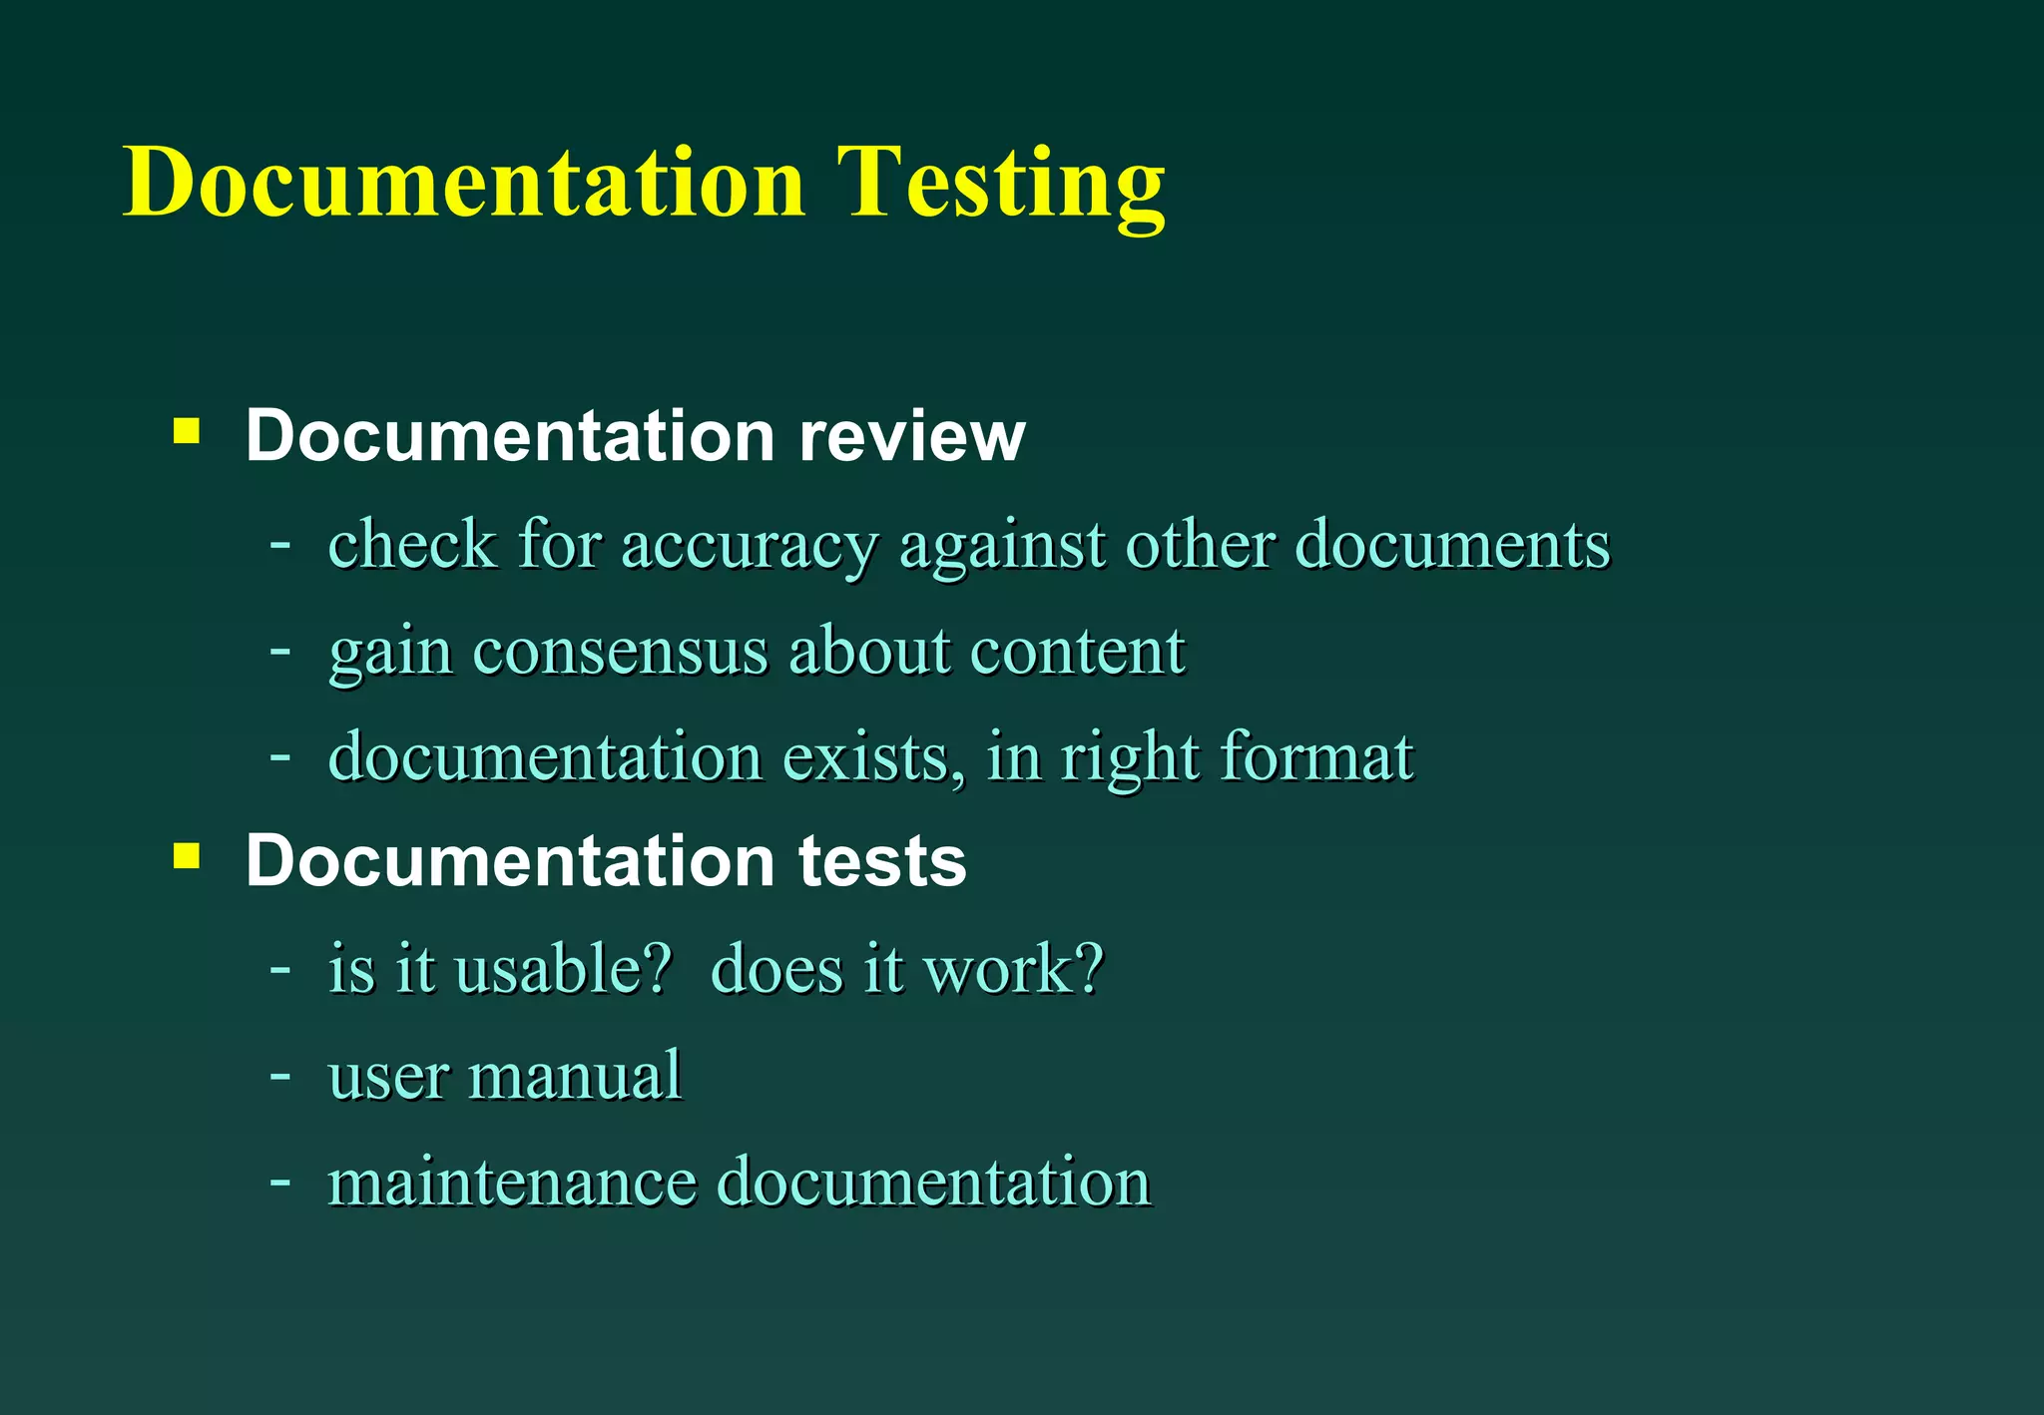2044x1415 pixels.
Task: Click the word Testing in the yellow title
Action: (x=1000, y=184)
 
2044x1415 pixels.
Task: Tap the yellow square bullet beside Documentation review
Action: (x=187, y=431)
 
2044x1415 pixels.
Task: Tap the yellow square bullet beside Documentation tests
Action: (x=187, y=856)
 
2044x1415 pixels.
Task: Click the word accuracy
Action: (x=750, y=547)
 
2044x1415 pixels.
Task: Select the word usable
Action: (x=549, y=969)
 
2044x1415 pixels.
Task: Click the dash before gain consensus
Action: (x=280, y=652)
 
